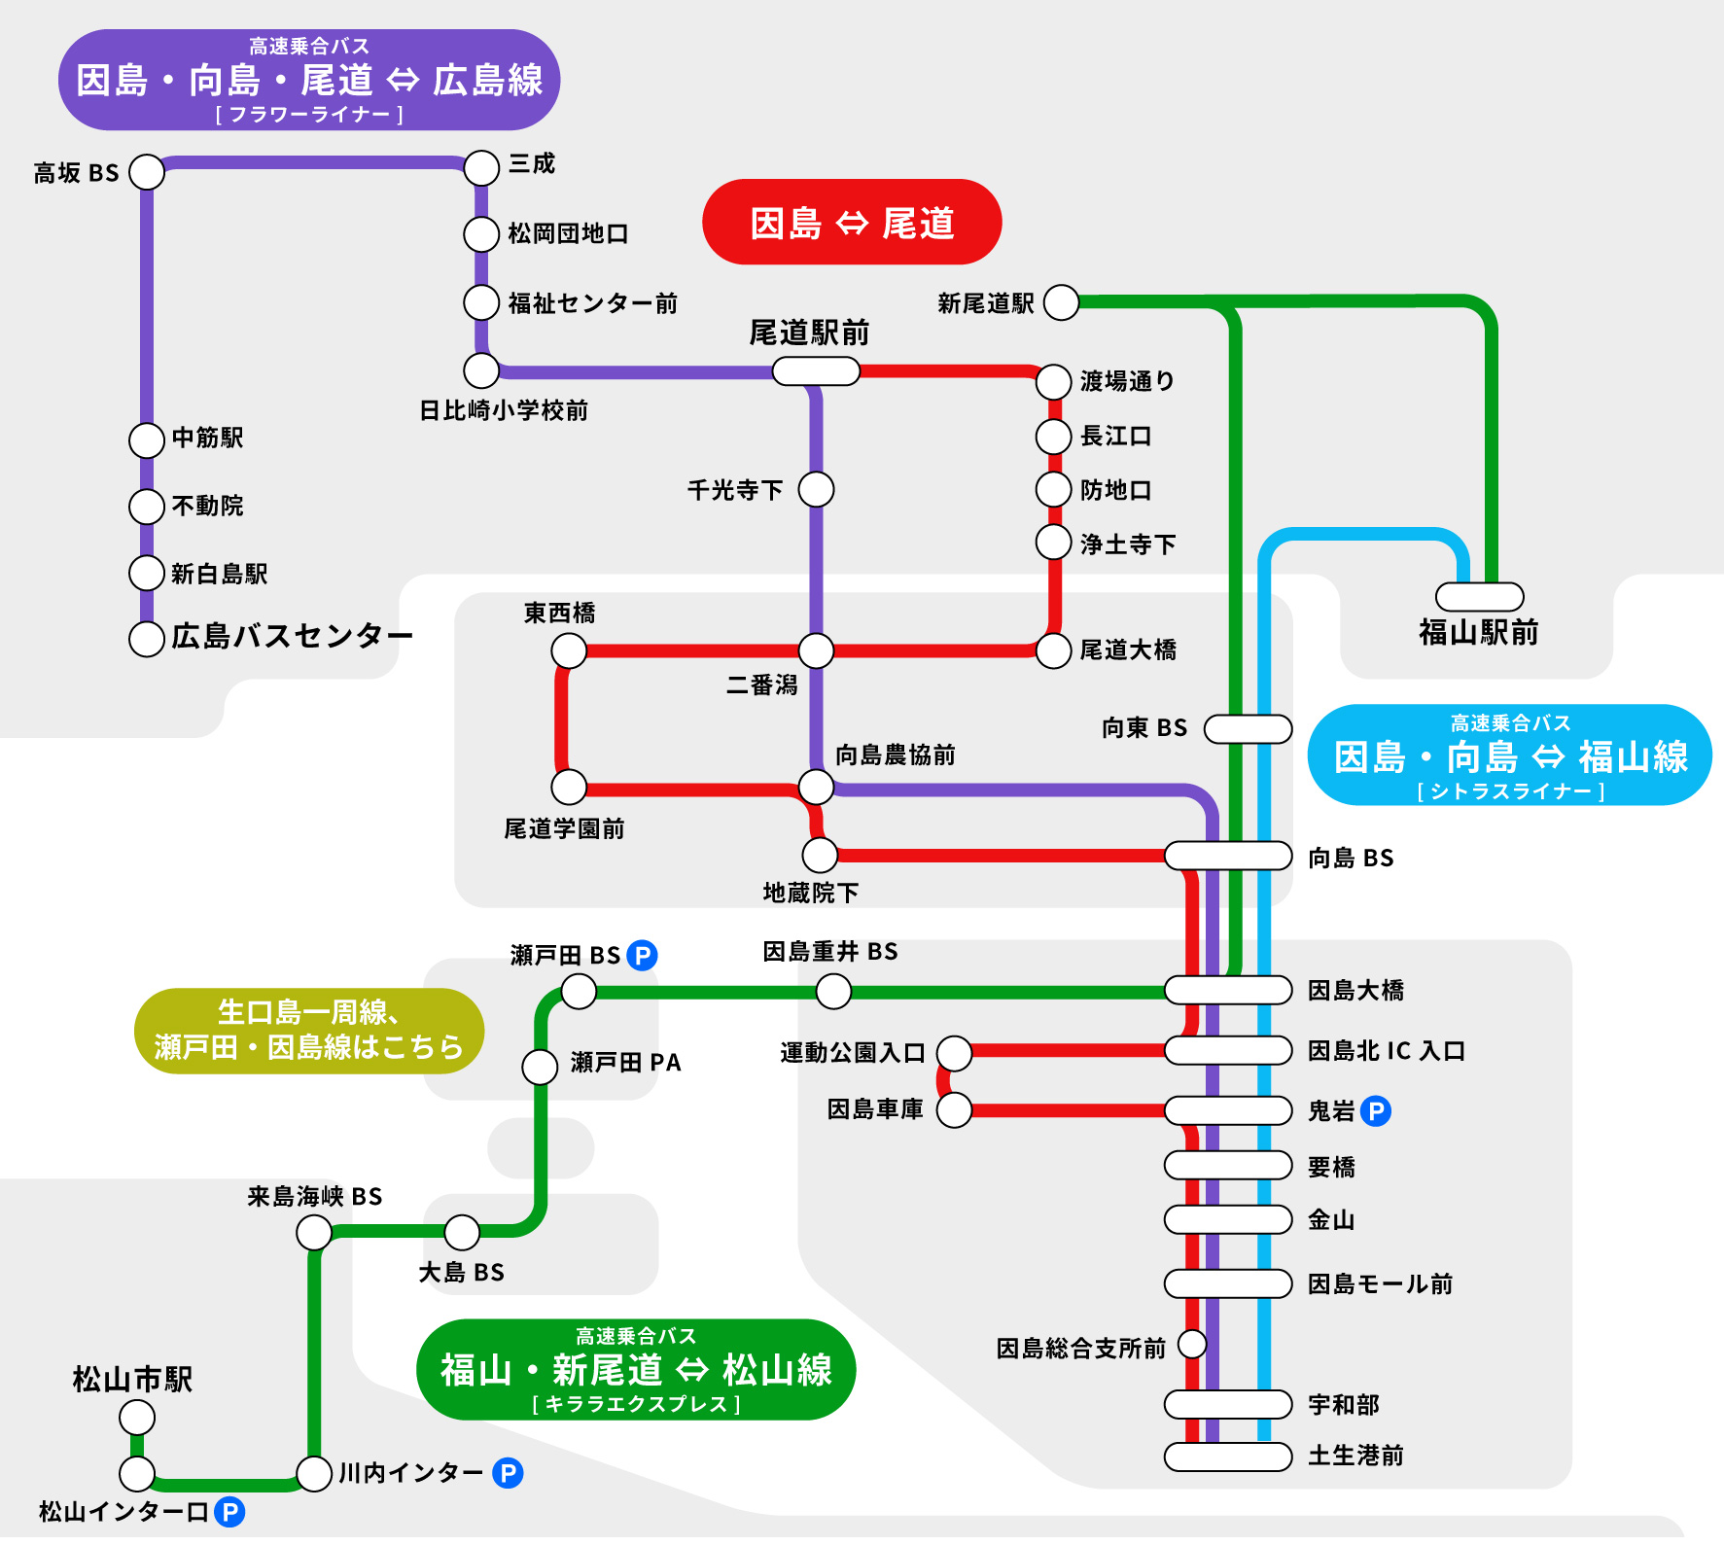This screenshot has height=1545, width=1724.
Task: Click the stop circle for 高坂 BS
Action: [147, 172]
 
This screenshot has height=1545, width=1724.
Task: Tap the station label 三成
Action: [532, 163]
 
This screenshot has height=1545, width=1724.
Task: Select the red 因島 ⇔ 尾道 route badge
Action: [852, 222]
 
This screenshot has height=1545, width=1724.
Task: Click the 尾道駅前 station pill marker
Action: [816, 370]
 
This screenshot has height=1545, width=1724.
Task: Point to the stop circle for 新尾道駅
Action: [1061, 302]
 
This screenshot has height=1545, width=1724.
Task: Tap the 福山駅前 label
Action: [1478, 633]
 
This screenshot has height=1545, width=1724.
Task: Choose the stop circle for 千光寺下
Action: [816, 489]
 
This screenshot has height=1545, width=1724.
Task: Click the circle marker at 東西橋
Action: [569, 650]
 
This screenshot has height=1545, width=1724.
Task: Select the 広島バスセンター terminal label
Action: [293, 636]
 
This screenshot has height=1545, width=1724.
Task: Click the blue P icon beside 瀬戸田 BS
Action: [642, 956]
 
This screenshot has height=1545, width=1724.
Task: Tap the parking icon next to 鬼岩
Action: [1375, 1110]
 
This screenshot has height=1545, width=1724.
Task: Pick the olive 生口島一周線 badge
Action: [309, 1031]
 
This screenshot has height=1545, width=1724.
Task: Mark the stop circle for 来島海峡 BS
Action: [314, 1232]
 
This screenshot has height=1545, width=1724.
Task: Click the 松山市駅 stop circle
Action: [137, 1418]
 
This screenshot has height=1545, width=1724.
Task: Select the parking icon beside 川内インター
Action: [508, 1473]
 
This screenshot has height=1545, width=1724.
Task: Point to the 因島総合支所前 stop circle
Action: [1192, 1345]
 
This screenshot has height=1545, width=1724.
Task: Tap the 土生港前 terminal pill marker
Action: [1228, 1457]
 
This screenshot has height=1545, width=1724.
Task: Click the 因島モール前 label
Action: [1380, 1284]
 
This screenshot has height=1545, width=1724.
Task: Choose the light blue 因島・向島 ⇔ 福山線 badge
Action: [1510, 755]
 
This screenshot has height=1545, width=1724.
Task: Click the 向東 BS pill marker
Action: [1249, 728]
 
